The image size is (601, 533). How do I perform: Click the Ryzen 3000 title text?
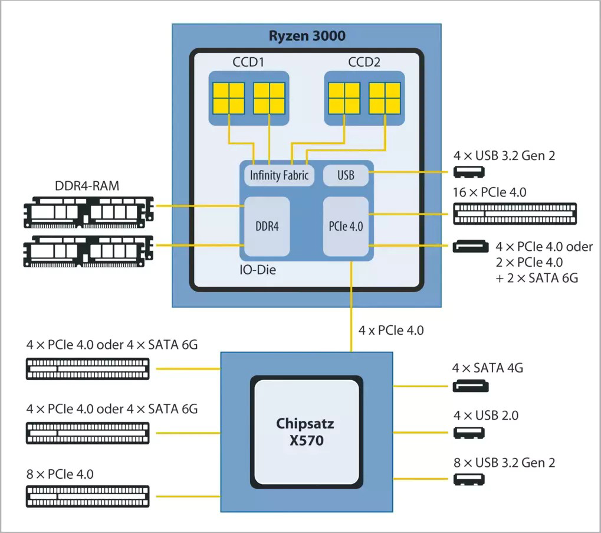click(x=307, y=35)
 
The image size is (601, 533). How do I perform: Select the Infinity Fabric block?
click(x=279, y=175)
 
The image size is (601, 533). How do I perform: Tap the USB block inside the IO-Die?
click(x=346, y=175)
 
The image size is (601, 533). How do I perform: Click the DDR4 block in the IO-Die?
click(x=267, y=226)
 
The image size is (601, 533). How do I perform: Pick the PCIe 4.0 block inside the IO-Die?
click(x=346, y=226)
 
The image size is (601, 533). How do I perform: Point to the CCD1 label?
click(x=248, y=62)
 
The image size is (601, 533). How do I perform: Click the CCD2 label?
click(x=364, y=62)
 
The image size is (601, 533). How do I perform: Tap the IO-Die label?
click(x=258, y=270)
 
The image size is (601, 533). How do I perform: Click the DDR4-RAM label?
click(x=87, y=186)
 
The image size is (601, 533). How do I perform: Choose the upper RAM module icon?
click(x=88, y=212)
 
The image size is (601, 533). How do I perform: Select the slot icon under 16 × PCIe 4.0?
click(x=515, y=213)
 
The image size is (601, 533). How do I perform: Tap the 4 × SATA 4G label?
click(x=487, y=368)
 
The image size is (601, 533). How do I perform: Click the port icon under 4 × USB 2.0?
click(x=469, y=433)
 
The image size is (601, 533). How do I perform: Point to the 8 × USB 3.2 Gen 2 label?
click(x=504, y=463)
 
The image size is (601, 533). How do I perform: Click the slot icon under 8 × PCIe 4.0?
click(x=87, y=496)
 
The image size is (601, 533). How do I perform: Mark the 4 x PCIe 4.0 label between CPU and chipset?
click(x=391, y=331)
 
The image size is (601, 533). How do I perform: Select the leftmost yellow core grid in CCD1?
click(x=229, y=97)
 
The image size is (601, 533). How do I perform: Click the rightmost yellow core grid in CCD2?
click(x=385, y=97)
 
